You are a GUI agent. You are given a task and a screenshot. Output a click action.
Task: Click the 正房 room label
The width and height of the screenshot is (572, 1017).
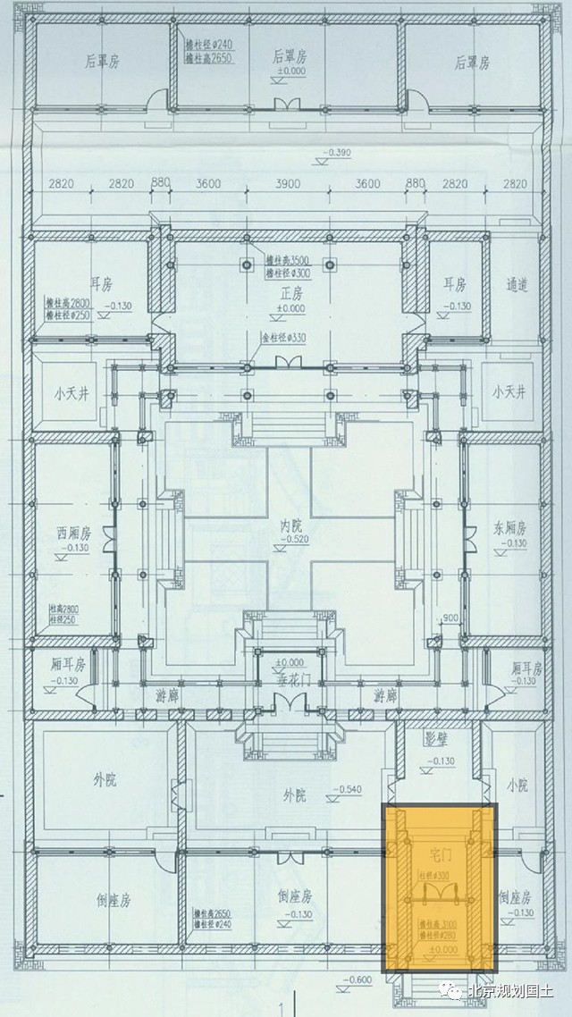(x=286, y=293)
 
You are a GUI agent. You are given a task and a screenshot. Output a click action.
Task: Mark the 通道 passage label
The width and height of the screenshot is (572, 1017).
(x=517, y=285)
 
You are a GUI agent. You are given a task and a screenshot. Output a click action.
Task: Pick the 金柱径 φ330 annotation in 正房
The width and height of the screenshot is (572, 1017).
(x=279, y=338)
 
